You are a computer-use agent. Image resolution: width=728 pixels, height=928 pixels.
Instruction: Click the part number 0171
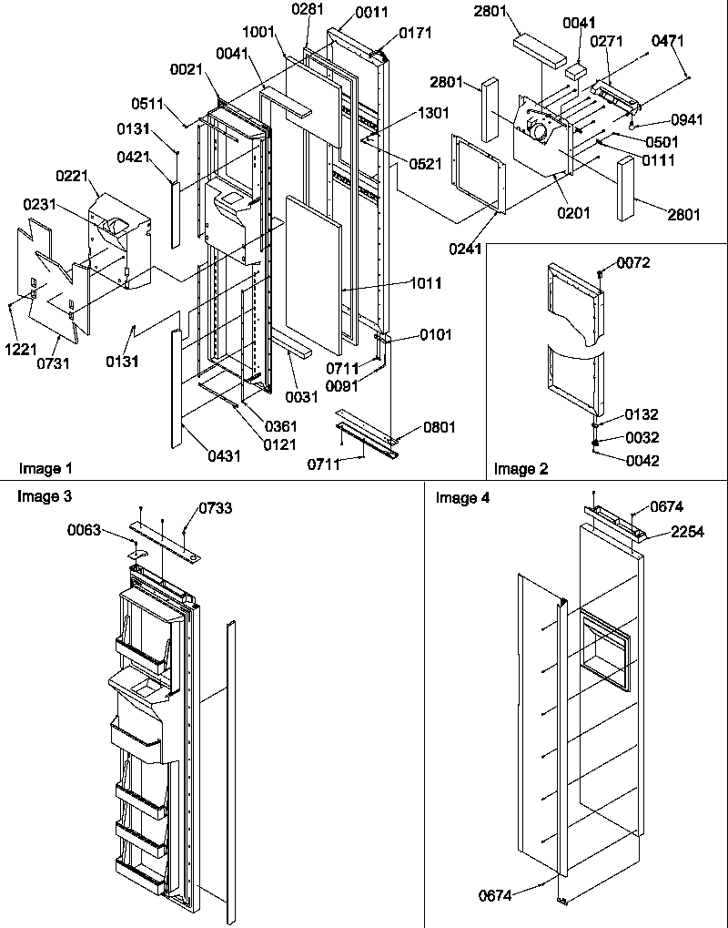click(x=414, y=34)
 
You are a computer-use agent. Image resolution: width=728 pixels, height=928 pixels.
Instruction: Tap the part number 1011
click(x=426, y=283)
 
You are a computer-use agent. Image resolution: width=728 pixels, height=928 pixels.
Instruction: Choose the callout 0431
click(x=224, y=455)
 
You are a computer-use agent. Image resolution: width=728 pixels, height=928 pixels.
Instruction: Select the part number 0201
click(x=574, y=213)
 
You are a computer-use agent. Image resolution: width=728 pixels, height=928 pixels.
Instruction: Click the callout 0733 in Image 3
click(x=215, y=509)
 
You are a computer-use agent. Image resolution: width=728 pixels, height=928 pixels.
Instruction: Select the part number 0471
click(x=667, y=41)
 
